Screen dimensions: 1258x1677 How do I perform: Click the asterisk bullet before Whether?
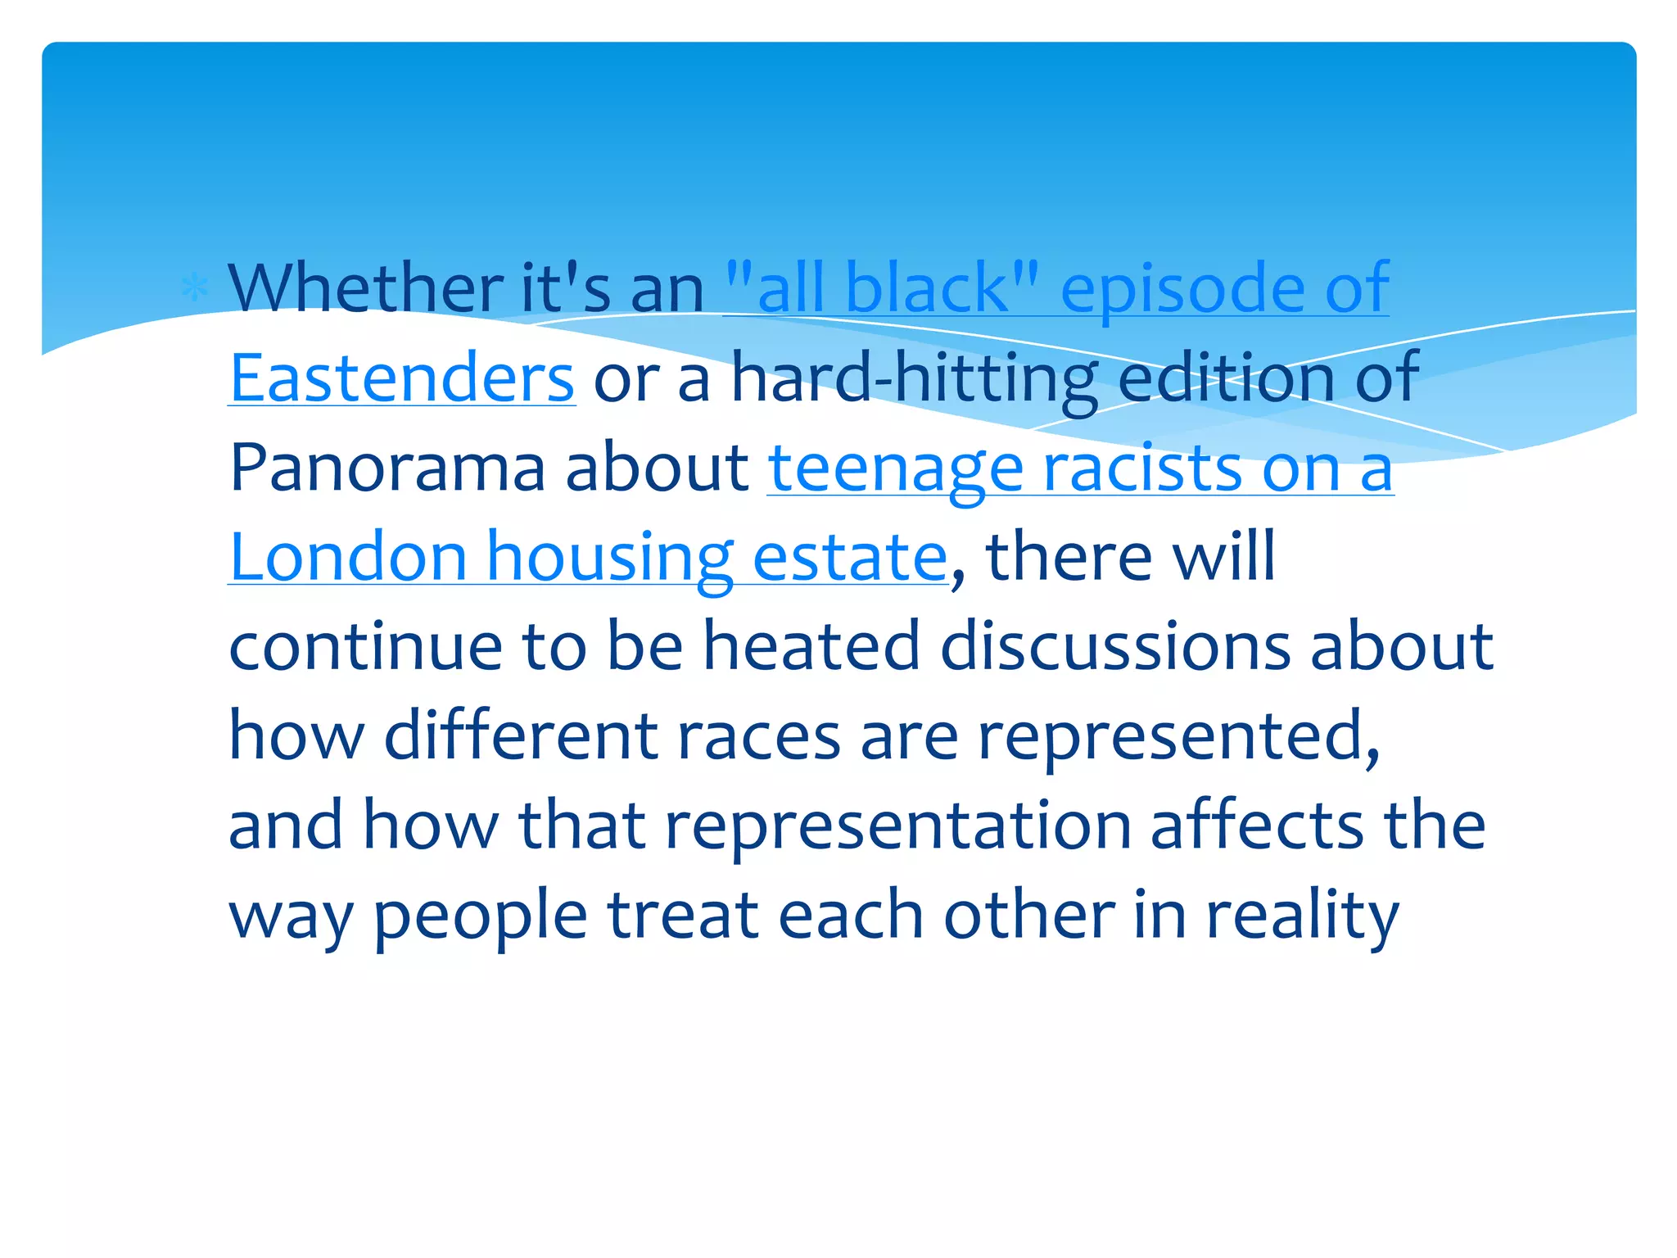(194, 288)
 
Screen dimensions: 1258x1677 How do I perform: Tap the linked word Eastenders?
(401, 378)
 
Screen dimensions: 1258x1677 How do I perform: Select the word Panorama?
(387, 468)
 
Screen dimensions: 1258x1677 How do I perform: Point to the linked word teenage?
(896, 468)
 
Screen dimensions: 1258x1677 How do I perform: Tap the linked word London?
(348, 557)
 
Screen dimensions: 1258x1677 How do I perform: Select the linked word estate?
(849, 557)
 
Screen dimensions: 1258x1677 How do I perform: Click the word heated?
(811, 646)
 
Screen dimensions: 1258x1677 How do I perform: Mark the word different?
(521, 735)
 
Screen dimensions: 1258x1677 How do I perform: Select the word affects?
(1257, 824)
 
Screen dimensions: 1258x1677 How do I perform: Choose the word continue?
(365, 646)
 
